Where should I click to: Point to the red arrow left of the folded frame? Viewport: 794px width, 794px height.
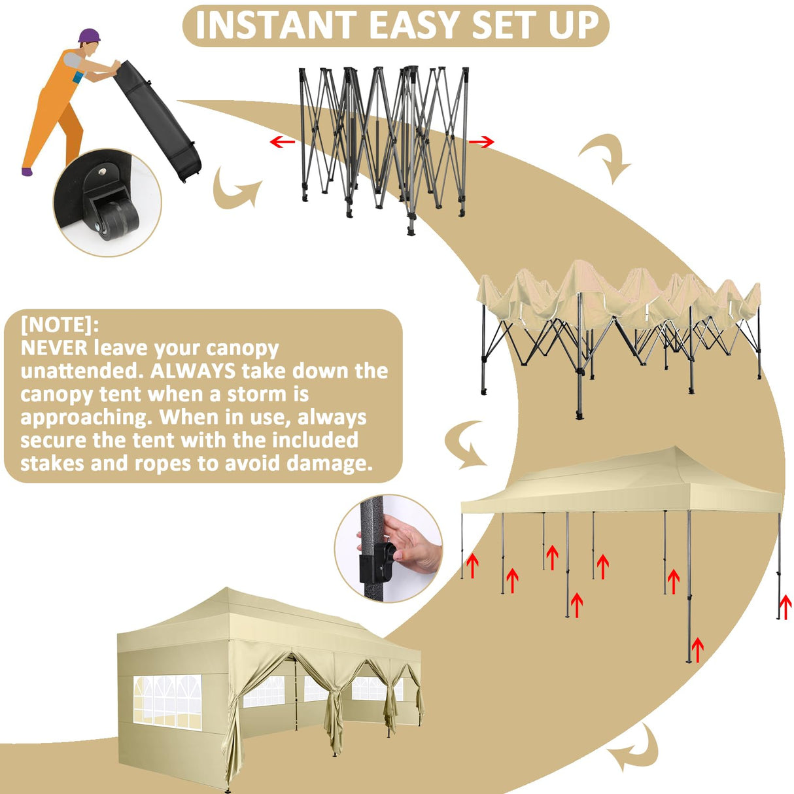click(x=282, y=141)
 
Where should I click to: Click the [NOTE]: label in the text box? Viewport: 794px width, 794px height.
click(x=60, y=324)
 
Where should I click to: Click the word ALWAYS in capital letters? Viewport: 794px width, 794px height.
click(x=192, y=371)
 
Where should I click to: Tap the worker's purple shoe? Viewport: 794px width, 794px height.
click(x=27, y=171)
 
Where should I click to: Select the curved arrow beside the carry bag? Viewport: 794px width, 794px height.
click(x=235, y=190)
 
